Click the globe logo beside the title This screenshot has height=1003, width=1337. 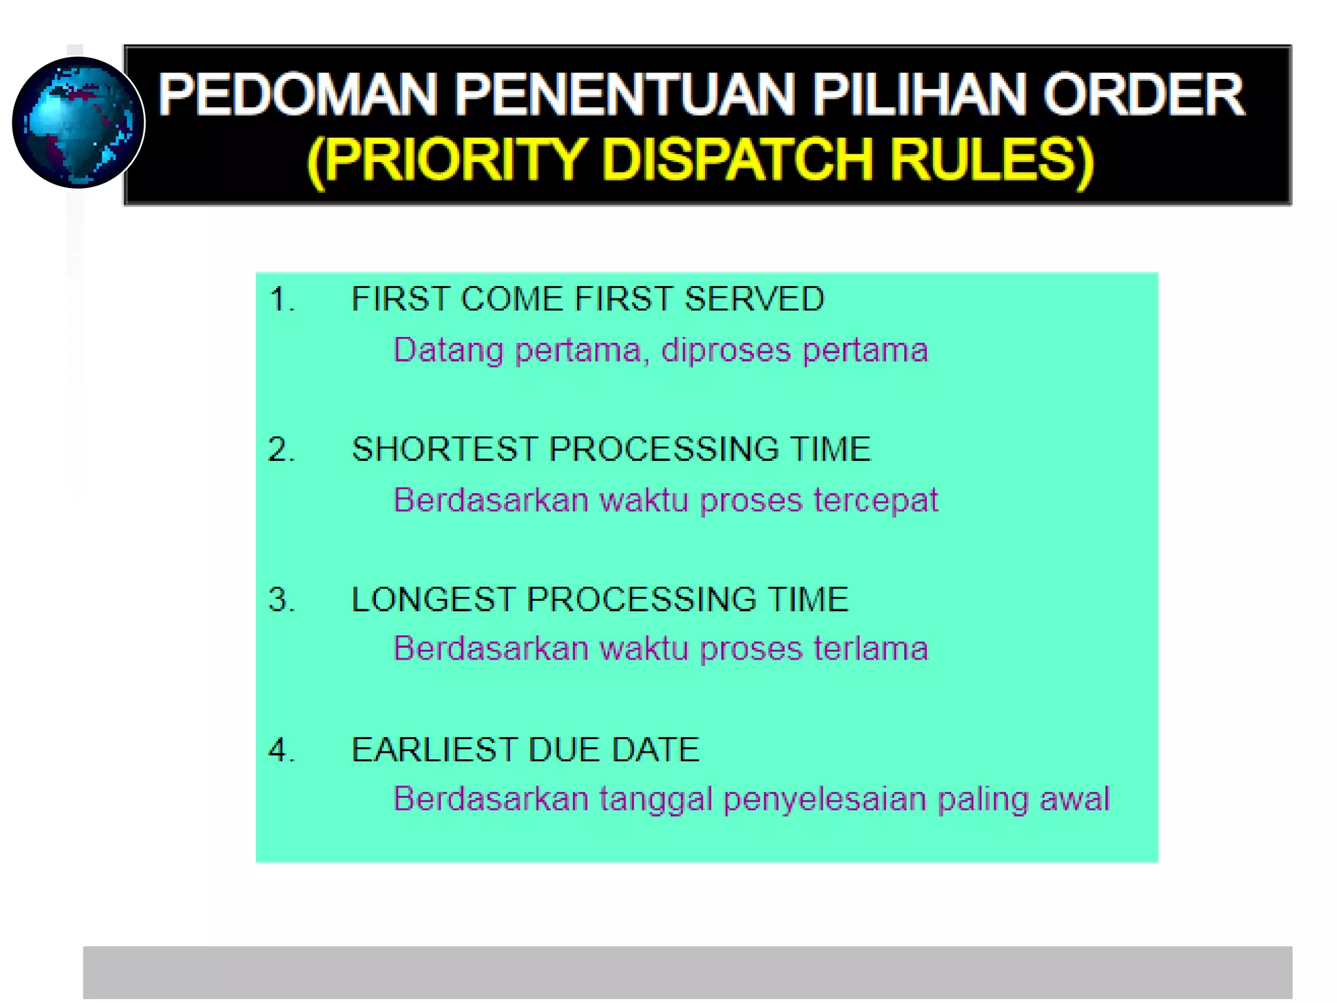[78, 123]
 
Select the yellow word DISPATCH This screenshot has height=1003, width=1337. [737, 159]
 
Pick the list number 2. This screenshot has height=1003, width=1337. [281, 450]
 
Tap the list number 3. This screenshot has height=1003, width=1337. [281, 600]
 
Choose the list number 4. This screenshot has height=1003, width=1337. [281, 750]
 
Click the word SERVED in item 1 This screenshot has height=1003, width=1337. [754, 299]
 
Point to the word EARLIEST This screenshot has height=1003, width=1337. [433, 750]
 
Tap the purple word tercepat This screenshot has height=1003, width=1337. [875, 501]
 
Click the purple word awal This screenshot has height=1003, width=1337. [1075, 799]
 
